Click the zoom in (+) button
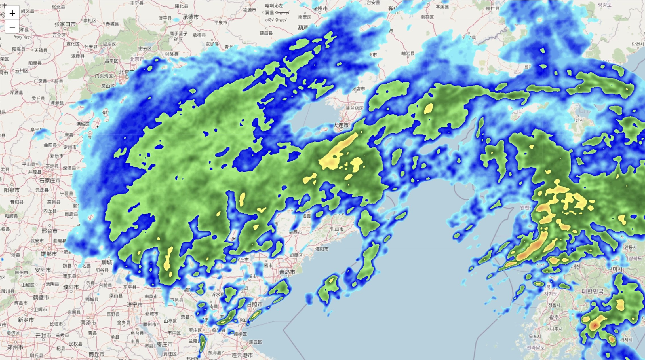pos(12,13)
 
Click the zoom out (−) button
pos(12,27)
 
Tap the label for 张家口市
pos(65,24)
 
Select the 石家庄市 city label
pos(50,180)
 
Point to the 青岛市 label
pos(287,272)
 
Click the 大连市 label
pos(341,125)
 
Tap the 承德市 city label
pos(191,17)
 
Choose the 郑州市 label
pos(15,347)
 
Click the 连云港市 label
pos(242,355)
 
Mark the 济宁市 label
pos(135,305)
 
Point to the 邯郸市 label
pos(49,254)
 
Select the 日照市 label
pos(255,304)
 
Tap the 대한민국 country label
pos(593,291)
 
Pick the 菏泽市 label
pos(88,323)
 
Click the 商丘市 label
pos(96,354)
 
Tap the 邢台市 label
pos(50,231)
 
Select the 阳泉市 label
pos(12,190)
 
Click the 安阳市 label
pos(43,270)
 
